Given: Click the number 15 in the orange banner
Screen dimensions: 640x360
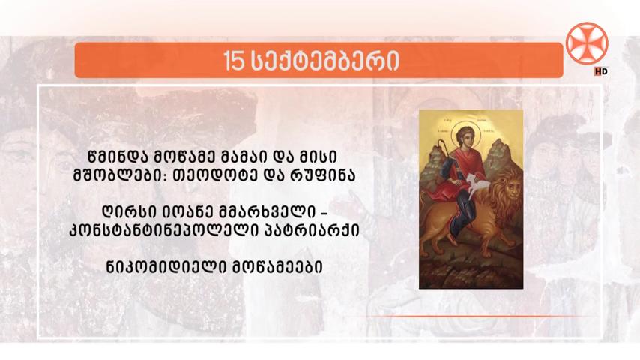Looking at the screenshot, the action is [234, 61].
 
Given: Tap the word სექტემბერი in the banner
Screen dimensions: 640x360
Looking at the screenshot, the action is [324, 61].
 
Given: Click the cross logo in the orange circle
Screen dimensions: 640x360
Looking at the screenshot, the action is [587, 43].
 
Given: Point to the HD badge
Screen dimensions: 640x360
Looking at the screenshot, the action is [601, 71].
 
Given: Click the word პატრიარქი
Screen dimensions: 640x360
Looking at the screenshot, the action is [313, 230].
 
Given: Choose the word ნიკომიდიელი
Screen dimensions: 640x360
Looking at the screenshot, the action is [166, 267].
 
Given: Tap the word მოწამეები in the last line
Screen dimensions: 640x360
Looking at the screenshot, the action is [277, 267].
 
